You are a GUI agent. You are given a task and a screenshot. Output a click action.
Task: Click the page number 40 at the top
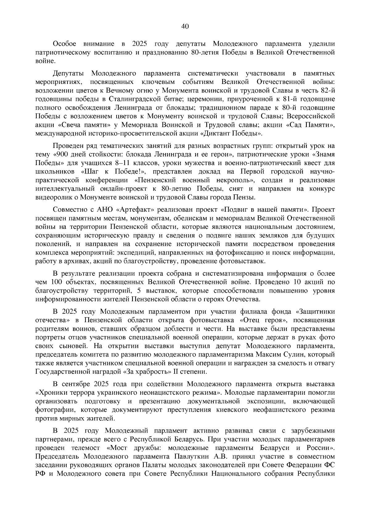pos(185,27)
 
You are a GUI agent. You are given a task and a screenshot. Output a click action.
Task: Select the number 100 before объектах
pos(56,282)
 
